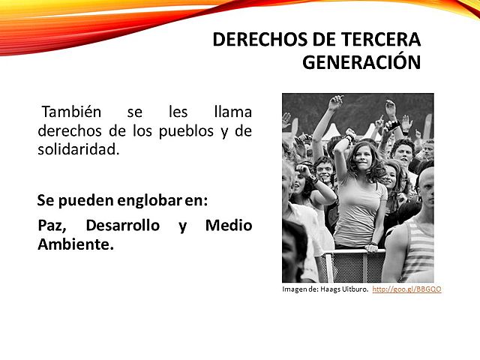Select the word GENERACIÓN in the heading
[361, 62]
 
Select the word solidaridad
[78, 149]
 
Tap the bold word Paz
[52, 225]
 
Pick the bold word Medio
[228, 225]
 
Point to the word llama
[232, 112]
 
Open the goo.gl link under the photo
[406, 289]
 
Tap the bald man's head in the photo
[425, 184]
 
